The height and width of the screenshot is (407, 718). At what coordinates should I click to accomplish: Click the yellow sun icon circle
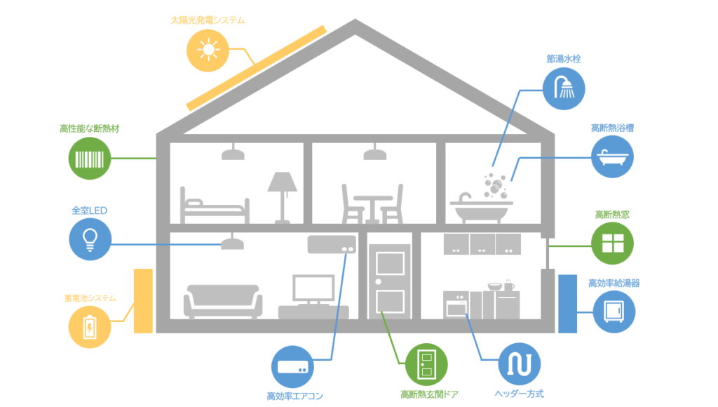[208, 51]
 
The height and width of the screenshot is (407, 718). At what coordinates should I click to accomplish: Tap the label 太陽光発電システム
[208, 20]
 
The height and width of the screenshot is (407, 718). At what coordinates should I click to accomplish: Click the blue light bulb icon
[90, 239]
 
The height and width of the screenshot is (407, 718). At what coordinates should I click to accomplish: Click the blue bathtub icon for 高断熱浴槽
[613, 157]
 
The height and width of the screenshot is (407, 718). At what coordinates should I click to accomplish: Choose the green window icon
[613, 243]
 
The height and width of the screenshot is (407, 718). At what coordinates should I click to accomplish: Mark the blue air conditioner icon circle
[292, 366]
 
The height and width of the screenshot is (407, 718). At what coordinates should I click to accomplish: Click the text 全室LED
[89, 210]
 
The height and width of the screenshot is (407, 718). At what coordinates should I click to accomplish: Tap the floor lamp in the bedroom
[283, 196]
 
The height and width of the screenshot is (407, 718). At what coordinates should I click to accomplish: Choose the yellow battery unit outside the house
[143, 300]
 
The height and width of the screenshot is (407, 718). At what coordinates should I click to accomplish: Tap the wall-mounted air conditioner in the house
[331, 243]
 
